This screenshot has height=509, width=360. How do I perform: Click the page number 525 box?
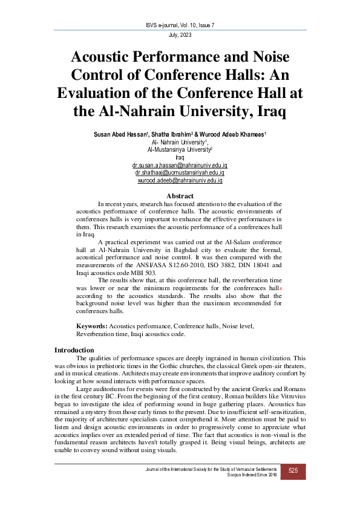pyautogui.click(x=293, y=472)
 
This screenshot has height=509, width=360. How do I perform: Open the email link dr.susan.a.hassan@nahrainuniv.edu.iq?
pyautogui.click(x=180, y=164)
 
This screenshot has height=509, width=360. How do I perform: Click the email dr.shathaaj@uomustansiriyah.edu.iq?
pyautogui.click(x=180, y=172)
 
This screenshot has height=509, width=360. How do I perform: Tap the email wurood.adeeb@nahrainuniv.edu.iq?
pyautogui.click(x=180, y=180)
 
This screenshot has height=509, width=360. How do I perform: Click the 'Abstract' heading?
pyautogui.click(x=180, y=196)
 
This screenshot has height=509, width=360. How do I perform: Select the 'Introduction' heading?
pyautogui.click(x=74, y=350)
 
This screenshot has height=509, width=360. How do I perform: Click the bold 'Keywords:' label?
pyautogui.click(x=91, y=326)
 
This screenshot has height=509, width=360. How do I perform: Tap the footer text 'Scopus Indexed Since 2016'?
pyautogui.click(x=251, y=476)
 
